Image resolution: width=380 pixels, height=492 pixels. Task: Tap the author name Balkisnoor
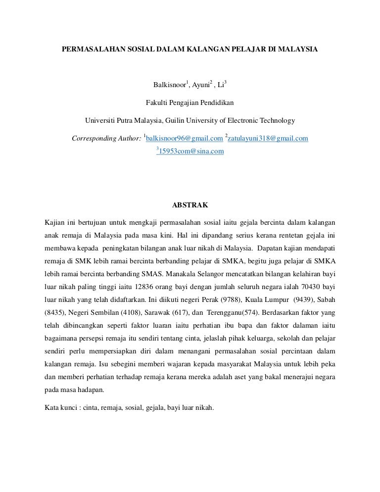169,86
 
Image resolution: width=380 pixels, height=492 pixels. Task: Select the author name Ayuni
201,86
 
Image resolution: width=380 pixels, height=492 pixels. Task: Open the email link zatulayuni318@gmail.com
268,139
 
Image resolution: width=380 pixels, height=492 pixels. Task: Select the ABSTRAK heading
190,204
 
